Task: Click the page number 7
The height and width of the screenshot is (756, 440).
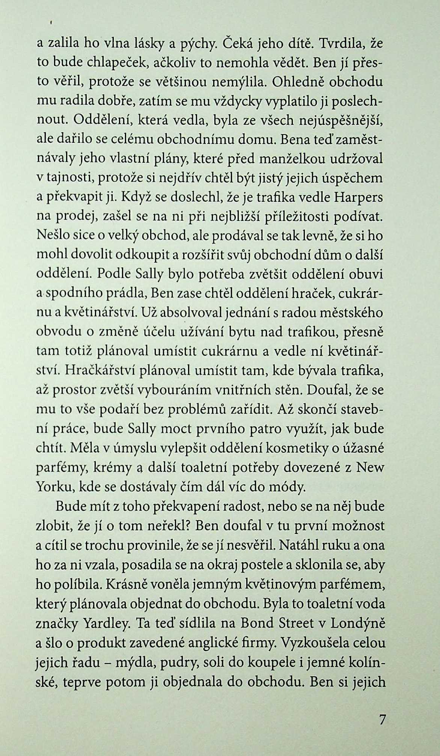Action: (x=382, y=719)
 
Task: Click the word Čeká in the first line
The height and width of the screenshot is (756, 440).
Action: (x=237, y=44)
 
